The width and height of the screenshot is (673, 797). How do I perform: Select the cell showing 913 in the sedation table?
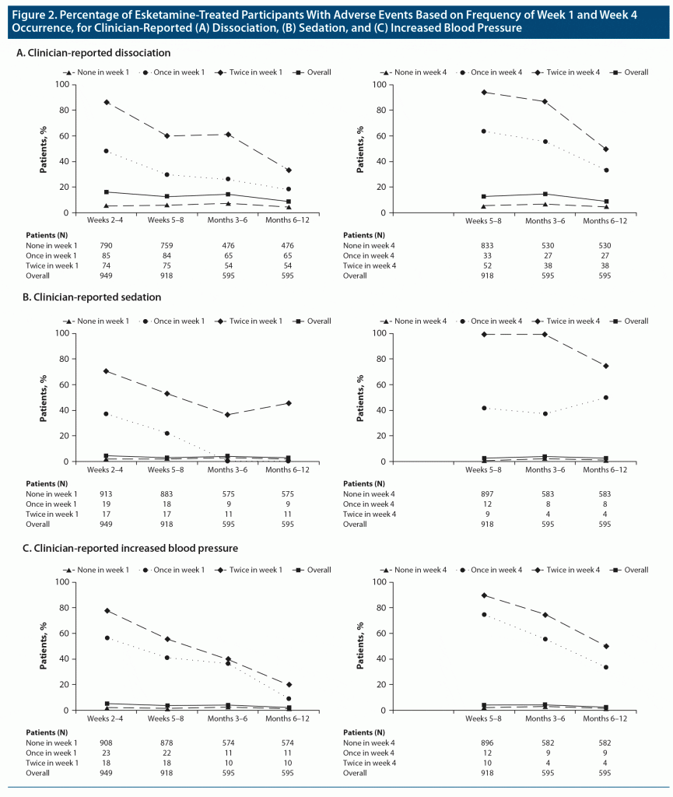107,493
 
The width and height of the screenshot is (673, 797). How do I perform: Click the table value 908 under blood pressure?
107,743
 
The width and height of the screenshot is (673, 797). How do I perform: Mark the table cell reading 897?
489,493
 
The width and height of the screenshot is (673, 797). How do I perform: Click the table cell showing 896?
489,743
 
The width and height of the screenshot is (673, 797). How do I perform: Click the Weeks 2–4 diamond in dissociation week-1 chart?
107,102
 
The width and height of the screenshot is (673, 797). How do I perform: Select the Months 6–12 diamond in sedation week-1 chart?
289,403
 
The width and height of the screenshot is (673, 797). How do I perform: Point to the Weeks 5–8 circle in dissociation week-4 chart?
484,132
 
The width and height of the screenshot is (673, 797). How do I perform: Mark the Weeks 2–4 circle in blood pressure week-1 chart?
107,637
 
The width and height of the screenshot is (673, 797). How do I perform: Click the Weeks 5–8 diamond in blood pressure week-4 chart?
484,595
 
